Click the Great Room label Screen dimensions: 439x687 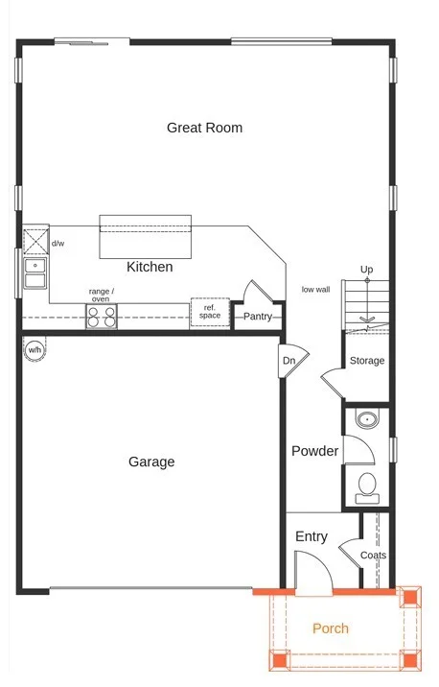(204, 128)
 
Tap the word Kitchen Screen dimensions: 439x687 (150, 267)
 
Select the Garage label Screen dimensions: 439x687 (151, 462)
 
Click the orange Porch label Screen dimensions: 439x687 (331, 628)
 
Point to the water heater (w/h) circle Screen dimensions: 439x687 (35, 350)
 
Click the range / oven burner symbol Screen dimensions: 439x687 (101, 318)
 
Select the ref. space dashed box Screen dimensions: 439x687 (210, 312)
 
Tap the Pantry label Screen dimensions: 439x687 (258, 317)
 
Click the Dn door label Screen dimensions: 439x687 (289, 361)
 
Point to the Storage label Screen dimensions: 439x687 (367, 361)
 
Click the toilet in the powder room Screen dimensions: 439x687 (367, 488)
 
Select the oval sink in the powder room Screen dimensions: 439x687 (367, 419)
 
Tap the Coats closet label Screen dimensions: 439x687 (374, 556)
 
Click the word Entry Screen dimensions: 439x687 (312, 536)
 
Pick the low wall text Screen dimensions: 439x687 (315, 289)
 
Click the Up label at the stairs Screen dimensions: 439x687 (367, 270)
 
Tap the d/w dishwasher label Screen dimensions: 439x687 (58, 243)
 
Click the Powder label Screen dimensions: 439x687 (314, 451)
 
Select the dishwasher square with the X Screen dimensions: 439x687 (35, 241)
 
